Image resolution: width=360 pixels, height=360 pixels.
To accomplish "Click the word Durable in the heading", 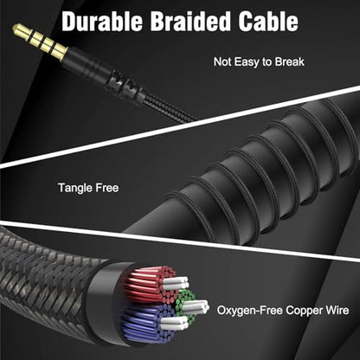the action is pos(102,22).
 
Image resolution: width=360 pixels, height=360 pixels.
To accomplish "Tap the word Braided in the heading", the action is pos(190,22).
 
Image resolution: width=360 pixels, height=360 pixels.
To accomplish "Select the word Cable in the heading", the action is pos(268,22).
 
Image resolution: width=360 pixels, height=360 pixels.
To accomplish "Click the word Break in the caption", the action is pos(289,61).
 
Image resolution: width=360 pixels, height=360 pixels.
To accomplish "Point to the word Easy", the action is pos(246,62).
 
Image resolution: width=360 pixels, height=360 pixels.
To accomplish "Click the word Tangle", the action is pos(75,188).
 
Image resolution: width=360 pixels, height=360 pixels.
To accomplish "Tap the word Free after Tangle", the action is pos(107,188).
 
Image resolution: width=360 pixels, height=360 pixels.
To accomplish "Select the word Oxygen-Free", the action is pos(250,311).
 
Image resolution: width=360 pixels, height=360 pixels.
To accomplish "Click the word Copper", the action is pos(304,311).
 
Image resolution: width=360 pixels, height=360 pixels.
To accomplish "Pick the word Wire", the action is pos(337,311).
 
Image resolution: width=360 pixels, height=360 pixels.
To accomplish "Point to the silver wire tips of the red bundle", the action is pos(177,283).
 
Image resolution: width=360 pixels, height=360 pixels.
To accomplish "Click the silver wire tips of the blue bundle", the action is pos(175,323).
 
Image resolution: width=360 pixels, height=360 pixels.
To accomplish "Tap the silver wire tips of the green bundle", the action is pos(196,307).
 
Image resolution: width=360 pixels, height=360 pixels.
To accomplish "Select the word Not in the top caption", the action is pos(222,61).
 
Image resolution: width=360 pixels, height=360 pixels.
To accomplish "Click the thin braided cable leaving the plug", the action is pos(170,108).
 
